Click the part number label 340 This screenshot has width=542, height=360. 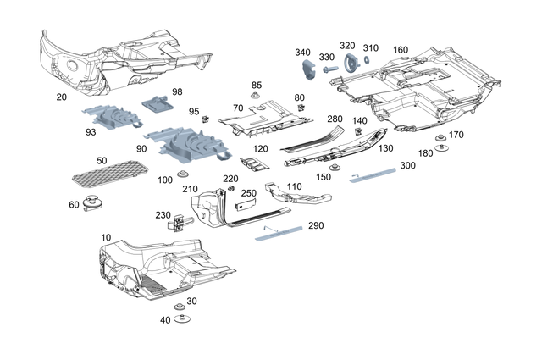click(x=303, y=53)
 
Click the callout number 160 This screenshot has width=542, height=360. click(x=401, y=49)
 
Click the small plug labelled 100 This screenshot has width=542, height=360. click(x=181, y=174)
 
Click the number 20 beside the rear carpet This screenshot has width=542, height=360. click(x=60, y=97)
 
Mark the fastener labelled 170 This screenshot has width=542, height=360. click(x=440, y=137)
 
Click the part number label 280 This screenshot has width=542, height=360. click(x=335, y=119)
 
